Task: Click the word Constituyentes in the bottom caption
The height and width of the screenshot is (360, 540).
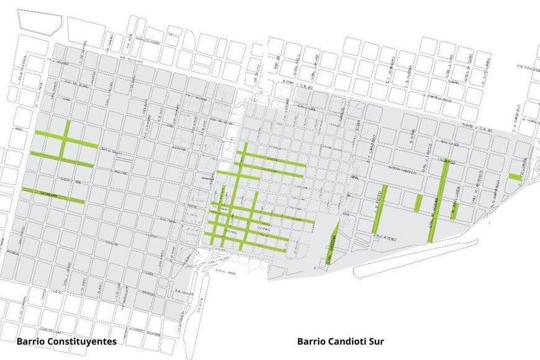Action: point(83,341)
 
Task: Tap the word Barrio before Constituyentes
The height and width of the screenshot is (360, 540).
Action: point(31,341)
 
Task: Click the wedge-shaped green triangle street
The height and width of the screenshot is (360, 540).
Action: point(332,242)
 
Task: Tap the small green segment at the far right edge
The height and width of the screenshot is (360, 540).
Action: point(515,176)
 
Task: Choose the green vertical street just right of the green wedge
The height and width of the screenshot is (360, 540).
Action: point(380,209)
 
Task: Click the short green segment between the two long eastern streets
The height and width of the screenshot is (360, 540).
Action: point(418,202)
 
